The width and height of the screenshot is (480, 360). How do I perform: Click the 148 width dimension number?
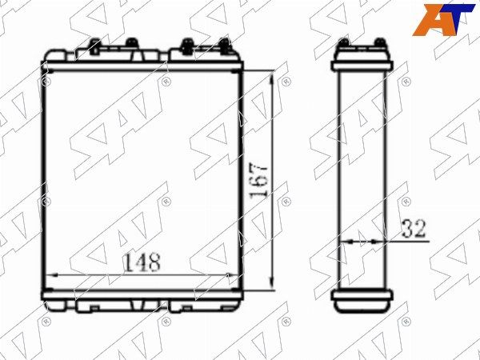point(142,262)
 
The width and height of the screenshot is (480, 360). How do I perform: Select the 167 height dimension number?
point(259,182)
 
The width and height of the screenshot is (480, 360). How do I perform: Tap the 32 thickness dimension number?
point(414,228)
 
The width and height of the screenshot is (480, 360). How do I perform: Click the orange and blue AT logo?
point(443,19)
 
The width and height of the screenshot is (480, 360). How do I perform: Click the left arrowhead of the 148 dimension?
point(53,275)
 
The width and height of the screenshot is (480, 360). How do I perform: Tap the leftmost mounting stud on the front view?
point(95,46)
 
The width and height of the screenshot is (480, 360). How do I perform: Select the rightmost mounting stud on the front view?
point(224,46)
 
